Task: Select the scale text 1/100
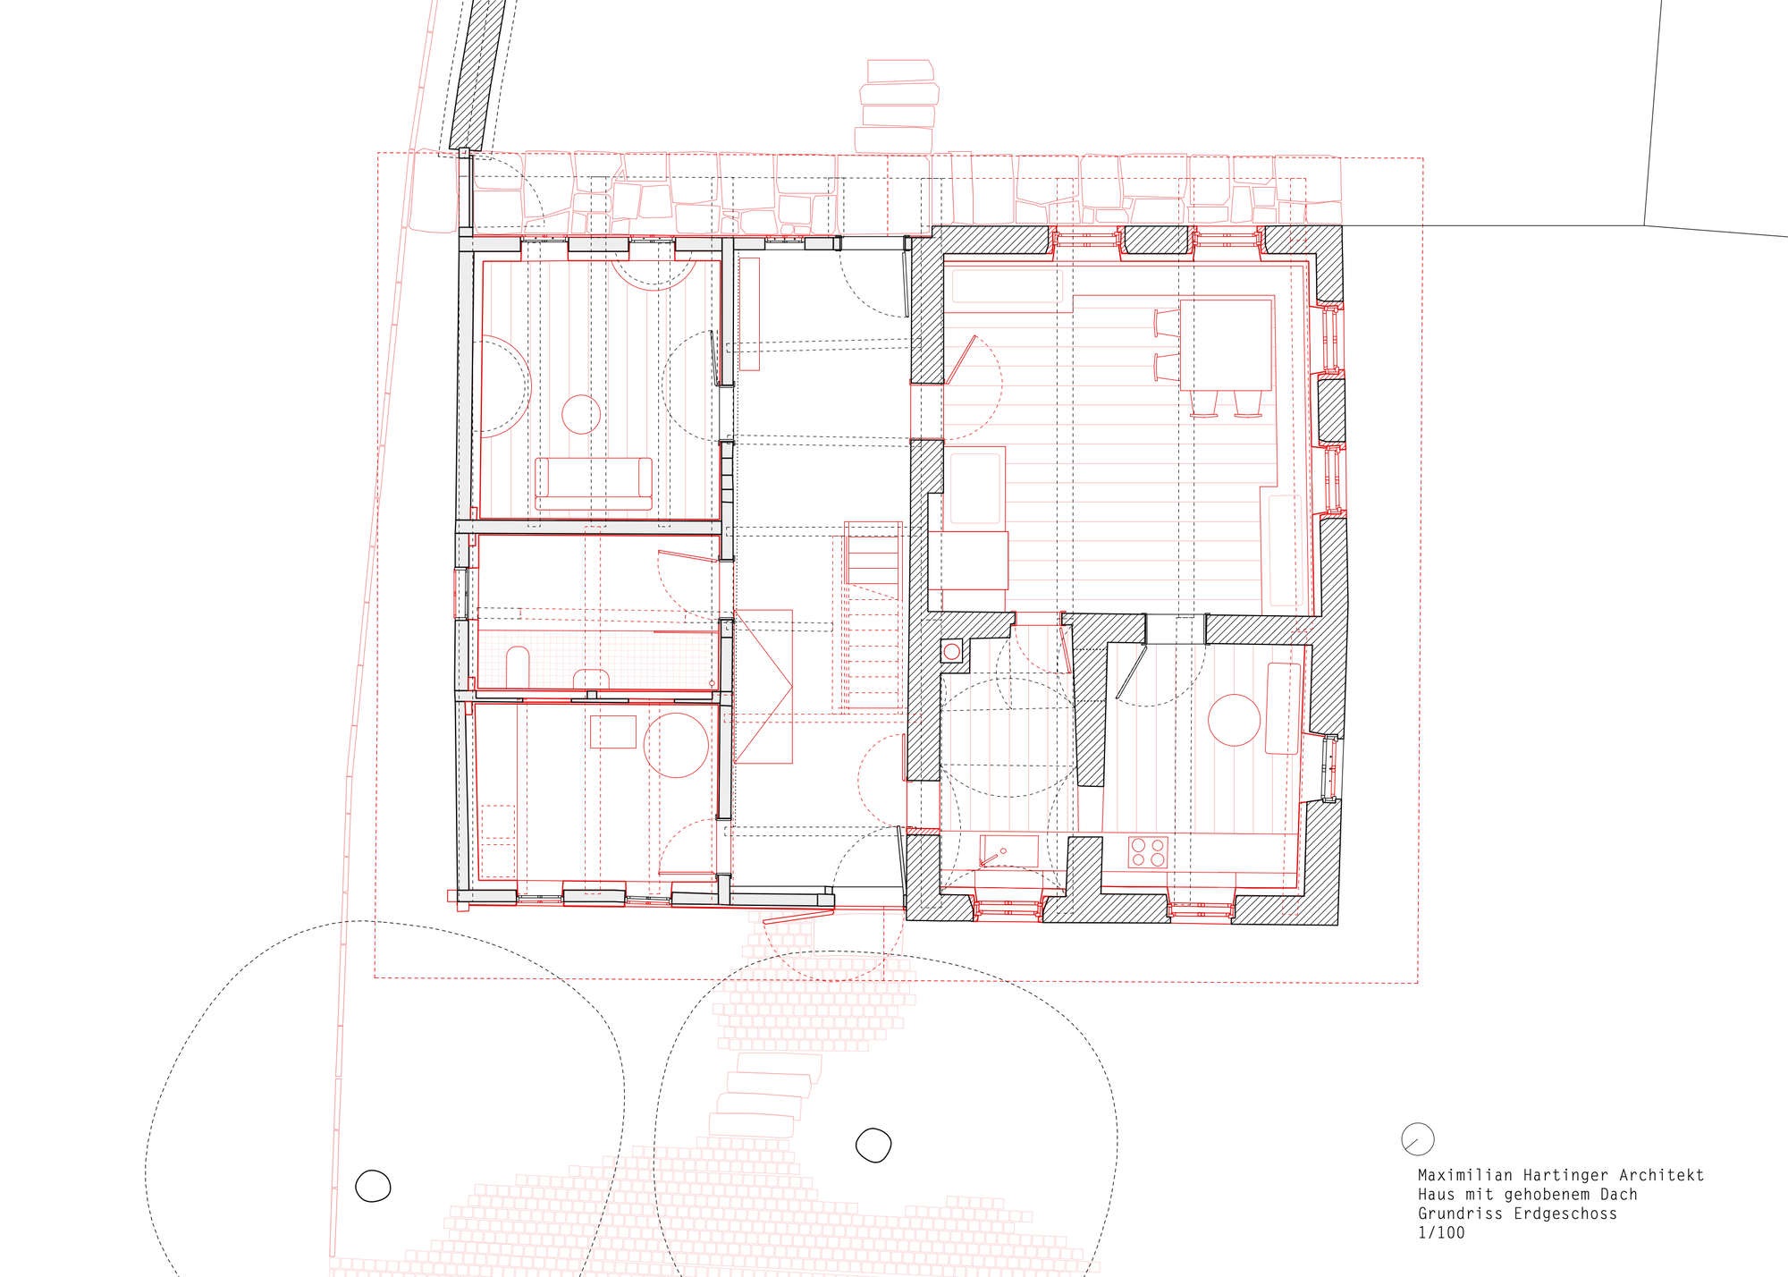(x=1441, y=1233)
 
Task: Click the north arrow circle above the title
(x=1418, y=1139)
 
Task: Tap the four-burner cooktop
(x=1148, y=852)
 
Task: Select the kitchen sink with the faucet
(x=1009, y=850)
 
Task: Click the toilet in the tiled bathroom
(x=518, y=666)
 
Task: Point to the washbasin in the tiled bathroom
(x=591, y=679)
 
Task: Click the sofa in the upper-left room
(x=594, y=483)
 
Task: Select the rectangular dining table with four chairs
(x=1226, y=345)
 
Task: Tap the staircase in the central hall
(x=873, y=617)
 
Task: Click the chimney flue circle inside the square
(x=952, y=652)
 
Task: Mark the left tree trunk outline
(x=373, y=1187)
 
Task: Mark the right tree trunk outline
(x=873, y=1145)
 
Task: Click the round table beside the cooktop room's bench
(x=1234, y=720)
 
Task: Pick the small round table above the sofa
(x=581, y=414)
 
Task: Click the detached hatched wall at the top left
(x=477, y=76)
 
